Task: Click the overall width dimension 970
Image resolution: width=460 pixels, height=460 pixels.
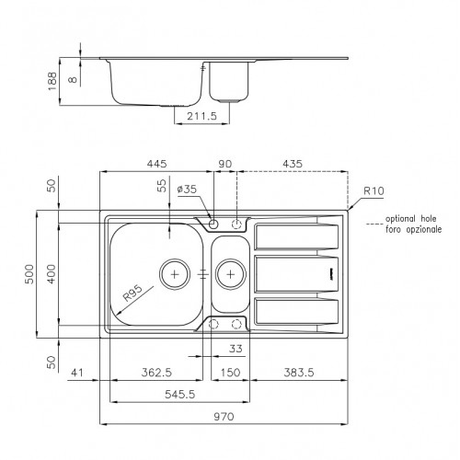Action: coord(224,417)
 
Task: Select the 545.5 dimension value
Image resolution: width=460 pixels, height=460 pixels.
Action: coord(179,394)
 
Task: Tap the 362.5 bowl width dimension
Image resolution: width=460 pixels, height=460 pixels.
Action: coord(156,373)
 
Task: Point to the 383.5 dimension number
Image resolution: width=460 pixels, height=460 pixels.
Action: coord(299,373)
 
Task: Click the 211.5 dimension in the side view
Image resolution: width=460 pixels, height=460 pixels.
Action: coord(201,116)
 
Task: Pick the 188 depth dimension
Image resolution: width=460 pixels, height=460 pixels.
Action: coord(52,81)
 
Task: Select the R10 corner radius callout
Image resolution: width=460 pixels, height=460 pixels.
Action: coord(374,190)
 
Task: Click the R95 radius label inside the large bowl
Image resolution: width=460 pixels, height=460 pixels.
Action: coord(132,293)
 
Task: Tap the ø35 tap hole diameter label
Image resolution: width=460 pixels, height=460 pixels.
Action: coord(187,189)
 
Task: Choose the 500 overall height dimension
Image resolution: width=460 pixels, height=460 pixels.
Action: coord(29,274)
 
